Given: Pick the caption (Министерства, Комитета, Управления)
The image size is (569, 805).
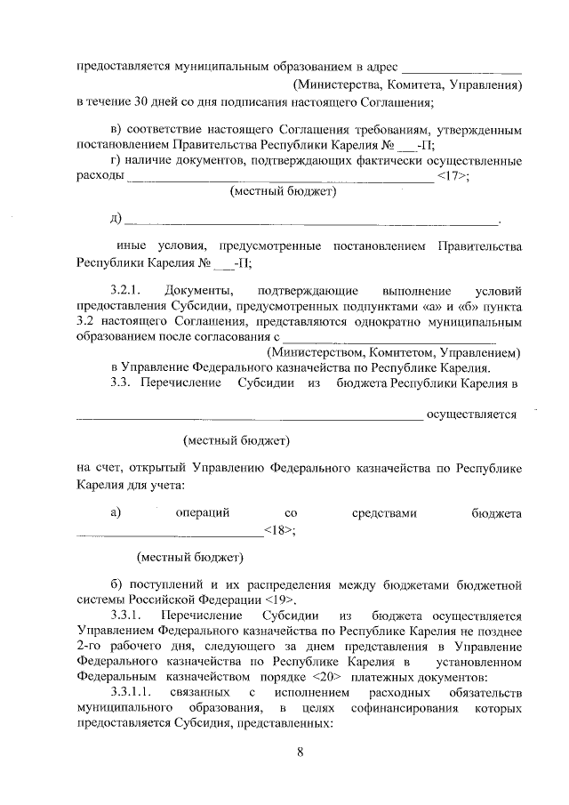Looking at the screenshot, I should click(407, 85).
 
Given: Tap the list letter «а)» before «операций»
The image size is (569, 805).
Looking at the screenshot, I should click(115, 512).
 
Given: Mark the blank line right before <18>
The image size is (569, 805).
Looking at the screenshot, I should click(170, 532).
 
